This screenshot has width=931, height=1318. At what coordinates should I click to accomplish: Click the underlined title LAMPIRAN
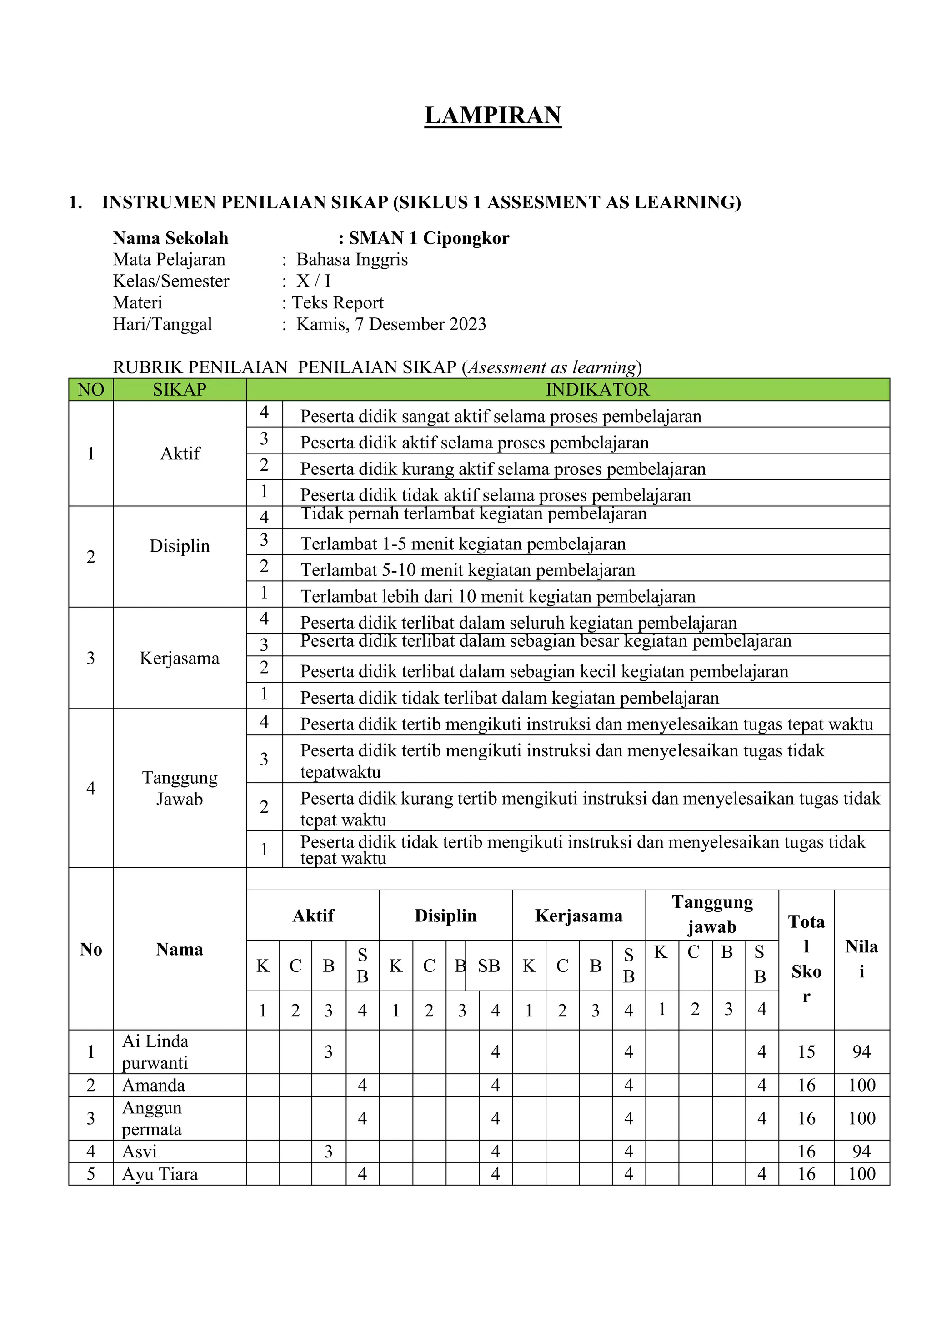493,116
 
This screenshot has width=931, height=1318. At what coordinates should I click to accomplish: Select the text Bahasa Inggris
352,260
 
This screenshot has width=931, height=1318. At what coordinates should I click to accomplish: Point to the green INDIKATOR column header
597,390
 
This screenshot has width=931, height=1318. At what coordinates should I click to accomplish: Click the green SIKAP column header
180,390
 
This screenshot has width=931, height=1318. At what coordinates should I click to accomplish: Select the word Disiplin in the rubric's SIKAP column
180,546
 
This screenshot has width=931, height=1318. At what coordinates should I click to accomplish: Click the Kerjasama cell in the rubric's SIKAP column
180,659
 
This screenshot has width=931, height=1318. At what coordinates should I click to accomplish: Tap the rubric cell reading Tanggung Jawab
180,788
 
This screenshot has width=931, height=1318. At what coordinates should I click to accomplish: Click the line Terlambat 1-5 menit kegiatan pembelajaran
463,543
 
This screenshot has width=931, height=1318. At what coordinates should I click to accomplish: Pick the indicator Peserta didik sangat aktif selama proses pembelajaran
500,416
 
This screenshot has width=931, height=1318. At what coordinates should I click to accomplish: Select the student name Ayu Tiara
160,1174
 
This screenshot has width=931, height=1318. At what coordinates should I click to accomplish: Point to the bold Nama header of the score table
180,950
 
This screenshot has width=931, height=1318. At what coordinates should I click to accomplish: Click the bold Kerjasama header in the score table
578,916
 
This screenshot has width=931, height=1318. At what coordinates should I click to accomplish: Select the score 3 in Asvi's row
329,1152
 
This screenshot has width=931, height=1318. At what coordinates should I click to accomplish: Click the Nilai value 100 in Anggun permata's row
861,1118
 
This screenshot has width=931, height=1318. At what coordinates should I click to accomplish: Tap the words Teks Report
338,302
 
